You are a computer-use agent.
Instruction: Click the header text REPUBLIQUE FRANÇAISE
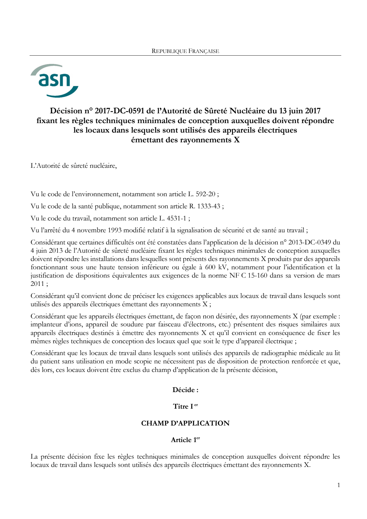click(x=185, y=51)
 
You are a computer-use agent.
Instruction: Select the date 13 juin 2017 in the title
click(x=300, y=111)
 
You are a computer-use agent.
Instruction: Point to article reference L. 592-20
click(x=202, y=194)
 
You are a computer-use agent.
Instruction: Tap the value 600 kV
click(x=216, y=267)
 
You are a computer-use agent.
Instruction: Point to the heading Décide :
click(x=185, y=390)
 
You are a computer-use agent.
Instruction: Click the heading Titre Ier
click(x=185, y=406)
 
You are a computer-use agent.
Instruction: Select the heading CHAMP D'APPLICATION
click(x=185, y=423)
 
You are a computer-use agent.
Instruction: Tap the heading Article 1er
click(x=185, y=440)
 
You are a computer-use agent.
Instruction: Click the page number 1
click(x=339, y=485)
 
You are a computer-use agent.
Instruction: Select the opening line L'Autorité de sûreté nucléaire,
click(x=74, y=166)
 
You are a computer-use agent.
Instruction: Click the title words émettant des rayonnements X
click(x=185, y=140)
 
